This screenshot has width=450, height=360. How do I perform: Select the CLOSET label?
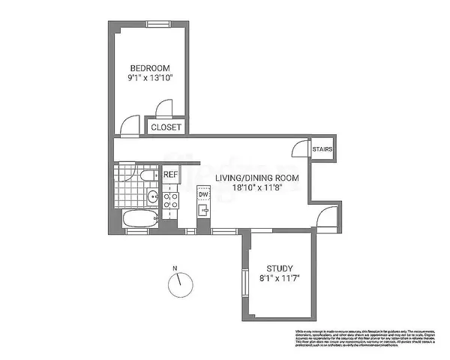click(166, 127)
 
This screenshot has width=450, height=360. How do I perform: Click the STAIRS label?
click(323, 148)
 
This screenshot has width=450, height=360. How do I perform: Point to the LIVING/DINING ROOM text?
click(257, 178)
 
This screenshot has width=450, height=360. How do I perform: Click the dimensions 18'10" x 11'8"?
click(257, 189)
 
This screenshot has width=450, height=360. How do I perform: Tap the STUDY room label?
click(280, 268)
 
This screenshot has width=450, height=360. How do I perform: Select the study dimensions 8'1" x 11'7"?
click(280, 280)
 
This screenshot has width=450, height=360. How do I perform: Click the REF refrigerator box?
click(171, 175)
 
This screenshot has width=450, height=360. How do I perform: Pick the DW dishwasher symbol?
click(203, 196)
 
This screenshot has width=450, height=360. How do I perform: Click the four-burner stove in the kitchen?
click(171, 199)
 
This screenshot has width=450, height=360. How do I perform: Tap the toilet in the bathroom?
click(147, 176)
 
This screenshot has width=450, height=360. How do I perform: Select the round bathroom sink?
click(152, 198)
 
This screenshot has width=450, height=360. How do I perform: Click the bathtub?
click(140, 219)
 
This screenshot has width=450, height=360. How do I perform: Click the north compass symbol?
click(180, 283)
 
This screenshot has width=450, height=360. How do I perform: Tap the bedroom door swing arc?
click(132, 124)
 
